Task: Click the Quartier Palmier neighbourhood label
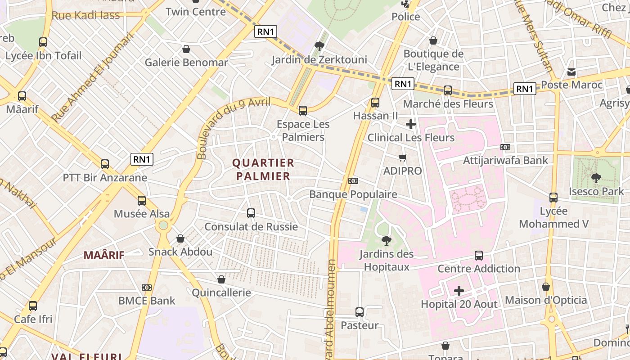263,169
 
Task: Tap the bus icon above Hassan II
375,103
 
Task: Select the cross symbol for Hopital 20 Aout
459,291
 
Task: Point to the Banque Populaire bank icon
353,181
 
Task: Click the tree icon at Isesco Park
596,178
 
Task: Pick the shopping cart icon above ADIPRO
403,157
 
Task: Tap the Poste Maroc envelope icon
571,72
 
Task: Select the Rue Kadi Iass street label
86,15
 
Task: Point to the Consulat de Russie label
251,226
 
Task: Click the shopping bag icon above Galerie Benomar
186,49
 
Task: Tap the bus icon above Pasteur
360,312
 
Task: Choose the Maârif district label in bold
104,255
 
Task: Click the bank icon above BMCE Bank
147,288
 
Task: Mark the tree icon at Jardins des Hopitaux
386,241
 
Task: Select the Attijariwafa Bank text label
506,160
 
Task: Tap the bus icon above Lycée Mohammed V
553,198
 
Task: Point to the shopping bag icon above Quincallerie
221,280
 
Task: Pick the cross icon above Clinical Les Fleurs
411,124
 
